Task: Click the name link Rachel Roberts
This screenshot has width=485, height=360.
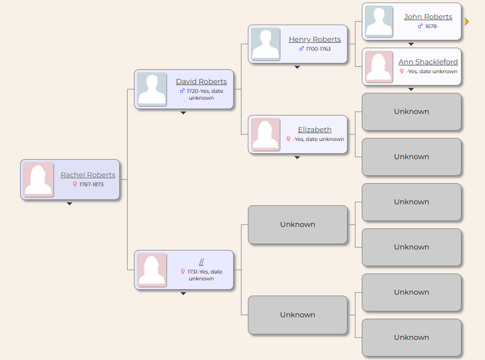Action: (88, 175)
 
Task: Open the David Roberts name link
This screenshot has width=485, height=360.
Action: (201, 81)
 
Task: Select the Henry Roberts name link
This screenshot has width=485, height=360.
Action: (315, 39)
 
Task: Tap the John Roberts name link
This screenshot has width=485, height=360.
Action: (428, 16)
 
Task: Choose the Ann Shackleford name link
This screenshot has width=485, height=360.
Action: (428, 62)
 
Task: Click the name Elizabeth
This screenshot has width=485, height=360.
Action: (314, 129)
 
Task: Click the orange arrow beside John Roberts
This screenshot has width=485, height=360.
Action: (467, 21)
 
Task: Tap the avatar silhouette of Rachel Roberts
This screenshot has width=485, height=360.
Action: (39, 180)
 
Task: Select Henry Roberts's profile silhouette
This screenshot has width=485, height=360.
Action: (265, 44)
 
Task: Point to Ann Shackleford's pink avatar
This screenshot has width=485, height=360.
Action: (379, 66)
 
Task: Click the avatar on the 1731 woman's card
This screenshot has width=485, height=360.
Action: (152, 270)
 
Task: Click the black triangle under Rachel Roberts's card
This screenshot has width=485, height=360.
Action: (69, 204)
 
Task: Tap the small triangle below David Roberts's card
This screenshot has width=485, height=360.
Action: (183, 113)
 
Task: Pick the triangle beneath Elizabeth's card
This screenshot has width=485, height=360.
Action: (297, 157)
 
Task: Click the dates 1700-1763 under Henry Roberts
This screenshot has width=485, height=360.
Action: (318, 49)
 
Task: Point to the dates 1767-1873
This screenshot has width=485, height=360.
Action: (92, 184)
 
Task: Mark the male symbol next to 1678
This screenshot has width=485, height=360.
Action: (420, 27)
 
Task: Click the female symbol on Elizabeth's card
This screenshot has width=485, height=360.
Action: (288, 139)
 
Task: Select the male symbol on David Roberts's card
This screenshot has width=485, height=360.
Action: (182, 91)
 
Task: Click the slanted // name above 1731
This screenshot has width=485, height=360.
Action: (201, 262)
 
